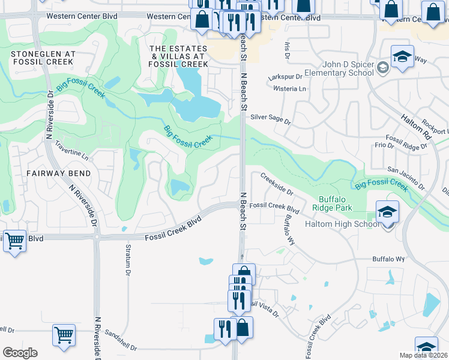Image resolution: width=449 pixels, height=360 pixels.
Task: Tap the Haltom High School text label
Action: click(342, 224)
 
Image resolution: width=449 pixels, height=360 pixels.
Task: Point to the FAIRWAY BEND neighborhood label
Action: click(58, 173)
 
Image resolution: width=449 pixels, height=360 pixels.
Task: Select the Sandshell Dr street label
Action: click(121, 340)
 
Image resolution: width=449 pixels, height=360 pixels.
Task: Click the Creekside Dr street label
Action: click(276, 184)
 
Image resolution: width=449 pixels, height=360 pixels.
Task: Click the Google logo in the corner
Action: click(20, 352)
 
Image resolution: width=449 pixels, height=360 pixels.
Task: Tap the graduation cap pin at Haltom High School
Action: click(387, 212)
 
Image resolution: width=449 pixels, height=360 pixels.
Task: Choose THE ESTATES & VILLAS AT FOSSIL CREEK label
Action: click(178, 56)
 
